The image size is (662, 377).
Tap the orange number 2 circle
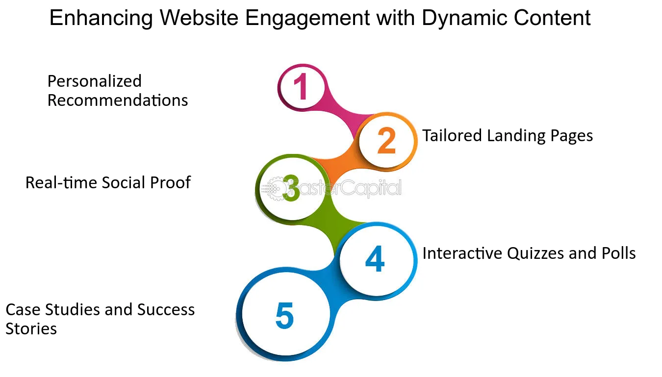point(386,140)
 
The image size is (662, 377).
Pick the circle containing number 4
point(375,260)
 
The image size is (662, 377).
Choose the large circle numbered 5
point(284,316)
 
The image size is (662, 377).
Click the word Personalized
point(94,81)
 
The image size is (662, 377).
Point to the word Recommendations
point(118,101)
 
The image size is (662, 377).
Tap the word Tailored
point(452,135)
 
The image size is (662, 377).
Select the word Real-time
point(61,183)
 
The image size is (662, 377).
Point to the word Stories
point(31,329)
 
